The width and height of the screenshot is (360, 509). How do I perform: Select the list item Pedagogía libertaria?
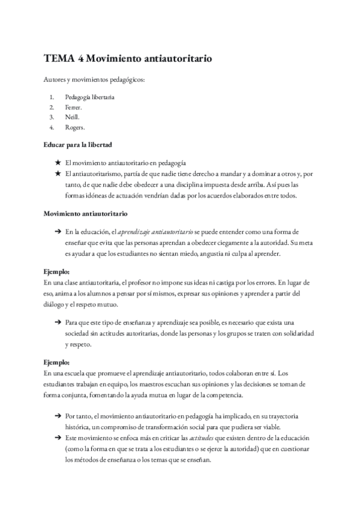point(90,97)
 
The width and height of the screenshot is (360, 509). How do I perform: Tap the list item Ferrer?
point(74,107)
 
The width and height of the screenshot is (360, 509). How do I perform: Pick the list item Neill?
point(73,117)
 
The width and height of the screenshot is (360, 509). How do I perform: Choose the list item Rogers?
point(75,127)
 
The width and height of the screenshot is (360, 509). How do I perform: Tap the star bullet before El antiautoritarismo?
point(57,173)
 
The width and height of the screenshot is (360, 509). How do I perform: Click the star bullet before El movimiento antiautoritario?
point(57,163)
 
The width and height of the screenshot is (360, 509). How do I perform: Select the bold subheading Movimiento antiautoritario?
point(85,213)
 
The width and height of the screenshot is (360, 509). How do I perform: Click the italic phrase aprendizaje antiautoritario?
point(155,231)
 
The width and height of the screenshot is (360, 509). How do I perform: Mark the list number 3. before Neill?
point(52,117)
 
